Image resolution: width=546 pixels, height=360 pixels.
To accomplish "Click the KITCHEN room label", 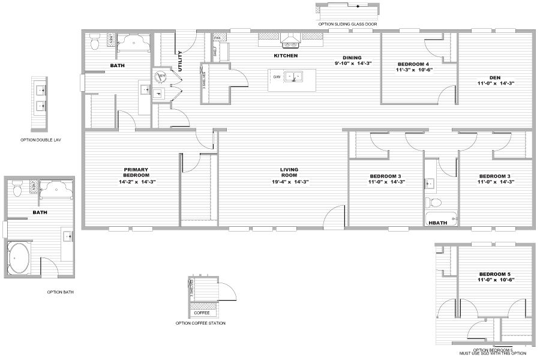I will point(286,56).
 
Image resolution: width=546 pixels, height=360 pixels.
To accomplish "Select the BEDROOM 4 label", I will point(413,64).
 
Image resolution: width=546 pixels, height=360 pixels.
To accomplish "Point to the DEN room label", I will point(495,77).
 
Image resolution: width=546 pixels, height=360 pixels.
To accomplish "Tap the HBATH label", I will point(436,222).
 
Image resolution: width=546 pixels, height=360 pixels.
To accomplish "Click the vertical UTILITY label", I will point(179,61).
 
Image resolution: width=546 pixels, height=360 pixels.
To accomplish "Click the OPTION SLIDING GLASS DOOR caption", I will point(347,24).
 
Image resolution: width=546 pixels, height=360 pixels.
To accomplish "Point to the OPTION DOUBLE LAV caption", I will point(41,140).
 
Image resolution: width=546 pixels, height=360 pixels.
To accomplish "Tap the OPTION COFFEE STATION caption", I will point(200,323).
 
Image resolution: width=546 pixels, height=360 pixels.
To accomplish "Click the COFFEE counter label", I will point(201,312).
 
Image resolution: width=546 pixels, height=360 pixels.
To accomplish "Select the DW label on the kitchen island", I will point(277,77).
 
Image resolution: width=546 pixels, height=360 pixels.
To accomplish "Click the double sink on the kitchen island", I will point(293,77).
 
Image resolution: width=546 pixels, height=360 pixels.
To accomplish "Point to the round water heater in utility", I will point(161,76).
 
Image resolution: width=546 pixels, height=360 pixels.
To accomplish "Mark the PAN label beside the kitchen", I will point(217,38).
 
